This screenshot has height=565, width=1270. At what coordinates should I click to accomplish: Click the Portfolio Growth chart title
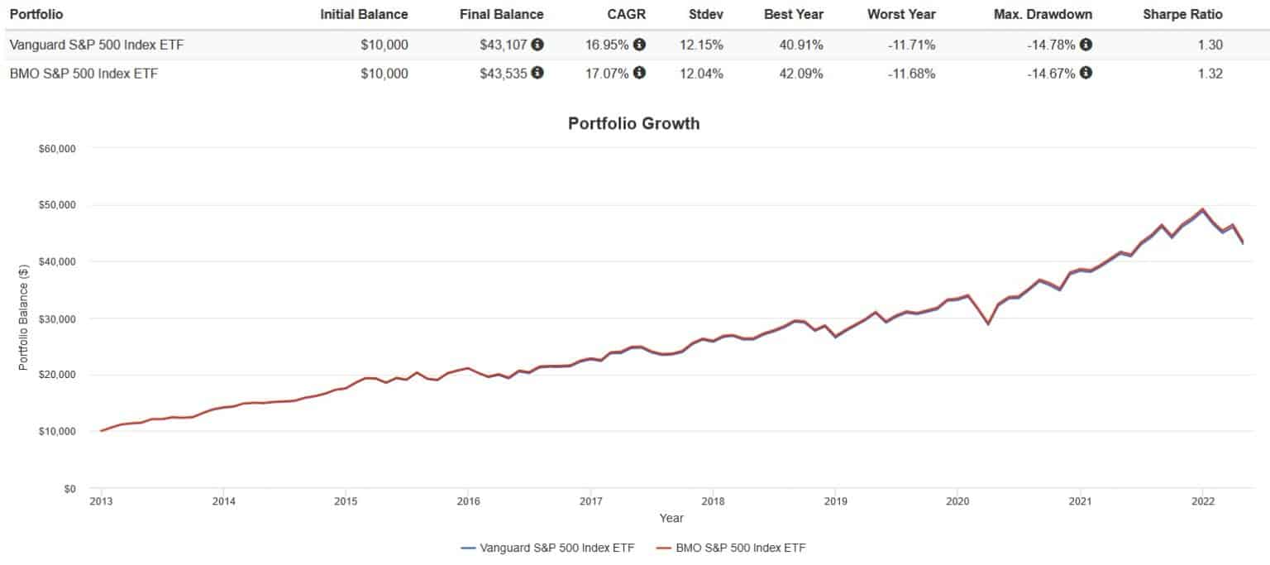coord(634,124)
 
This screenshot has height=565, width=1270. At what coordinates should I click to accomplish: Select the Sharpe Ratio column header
coord(1182,14)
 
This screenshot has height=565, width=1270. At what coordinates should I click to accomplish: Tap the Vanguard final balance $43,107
coord(503,45)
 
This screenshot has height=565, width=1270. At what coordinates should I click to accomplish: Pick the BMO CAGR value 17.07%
coord(607,73)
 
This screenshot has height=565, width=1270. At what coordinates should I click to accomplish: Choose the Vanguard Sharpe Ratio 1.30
coord(1210,45)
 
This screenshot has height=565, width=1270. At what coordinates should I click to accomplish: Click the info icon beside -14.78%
coord(1086,45)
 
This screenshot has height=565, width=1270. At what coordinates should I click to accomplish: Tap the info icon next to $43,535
coord(537,73)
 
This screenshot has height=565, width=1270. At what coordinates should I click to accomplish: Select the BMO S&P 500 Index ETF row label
coord(84,73)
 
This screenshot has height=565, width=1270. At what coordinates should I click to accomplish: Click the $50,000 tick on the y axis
coord(57,205)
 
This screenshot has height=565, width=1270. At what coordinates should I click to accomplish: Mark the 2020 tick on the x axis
coord(957,501)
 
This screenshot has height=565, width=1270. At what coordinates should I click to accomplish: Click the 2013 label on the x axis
coord(101,501)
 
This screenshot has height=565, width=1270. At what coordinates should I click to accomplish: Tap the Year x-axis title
coord(671,519)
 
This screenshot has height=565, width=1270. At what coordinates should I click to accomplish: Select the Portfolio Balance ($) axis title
coord(24,318)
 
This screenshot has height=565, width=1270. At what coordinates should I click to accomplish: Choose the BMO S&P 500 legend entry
coord(736,548)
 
